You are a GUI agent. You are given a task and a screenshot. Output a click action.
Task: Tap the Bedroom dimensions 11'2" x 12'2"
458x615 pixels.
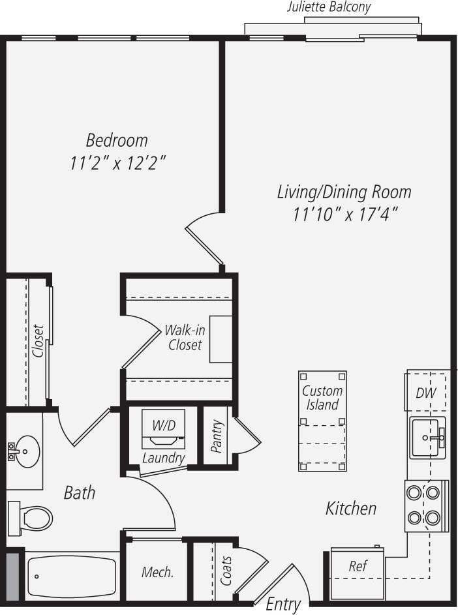[118, 163]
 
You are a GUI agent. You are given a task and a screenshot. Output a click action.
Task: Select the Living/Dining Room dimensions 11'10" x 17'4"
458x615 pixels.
[345, 213]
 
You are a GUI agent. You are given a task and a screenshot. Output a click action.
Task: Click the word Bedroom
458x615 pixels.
[117, 140]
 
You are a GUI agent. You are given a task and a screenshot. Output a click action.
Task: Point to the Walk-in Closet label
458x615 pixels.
[185, 337]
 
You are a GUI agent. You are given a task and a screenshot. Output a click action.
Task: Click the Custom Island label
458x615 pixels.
[322, 398]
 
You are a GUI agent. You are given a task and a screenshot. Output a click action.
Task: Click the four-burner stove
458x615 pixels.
[424, 505]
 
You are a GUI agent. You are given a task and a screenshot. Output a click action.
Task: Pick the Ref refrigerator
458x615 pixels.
[357, 566]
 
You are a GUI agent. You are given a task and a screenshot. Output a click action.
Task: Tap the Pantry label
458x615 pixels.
[217, 436]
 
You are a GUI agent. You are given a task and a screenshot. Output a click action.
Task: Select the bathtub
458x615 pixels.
[72, 576]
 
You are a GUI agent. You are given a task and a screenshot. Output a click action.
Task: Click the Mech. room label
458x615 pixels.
[158, 573]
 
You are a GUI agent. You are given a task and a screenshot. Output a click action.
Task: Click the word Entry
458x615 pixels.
[283, 605]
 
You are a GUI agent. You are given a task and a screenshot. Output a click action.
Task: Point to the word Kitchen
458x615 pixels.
[351, 508]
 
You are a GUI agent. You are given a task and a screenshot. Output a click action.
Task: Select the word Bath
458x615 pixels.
[79, 492]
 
